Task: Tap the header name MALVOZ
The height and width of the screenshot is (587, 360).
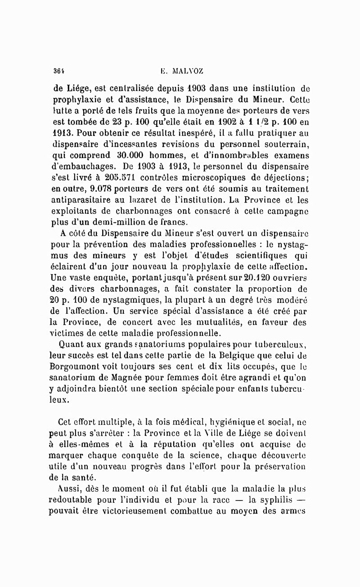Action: [188, 71]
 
